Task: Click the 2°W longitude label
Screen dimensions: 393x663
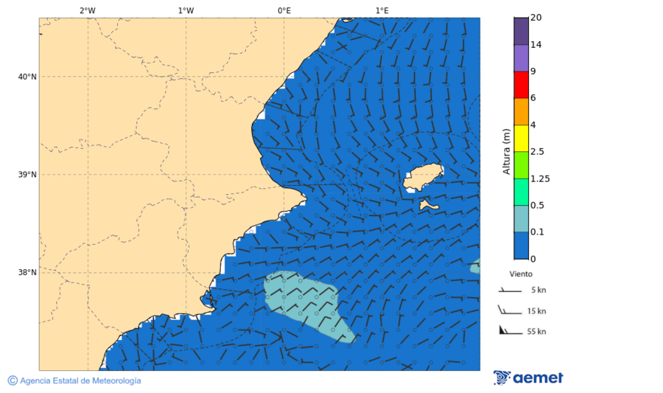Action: (87, 10)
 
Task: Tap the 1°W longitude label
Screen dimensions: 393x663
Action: (186, 10)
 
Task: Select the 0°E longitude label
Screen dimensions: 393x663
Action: (284, 10)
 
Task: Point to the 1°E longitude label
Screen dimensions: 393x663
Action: (382, 10)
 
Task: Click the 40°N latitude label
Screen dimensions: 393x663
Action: (27, 77)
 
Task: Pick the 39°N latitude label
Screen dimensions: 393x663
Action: (27, 175)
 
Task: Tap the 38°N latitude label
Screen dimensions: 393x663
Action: (27, 272)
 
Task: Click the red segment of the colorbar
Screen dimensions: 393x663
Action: (522, 84)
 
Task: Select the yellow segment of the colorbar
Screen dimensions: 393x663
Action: (522, 138)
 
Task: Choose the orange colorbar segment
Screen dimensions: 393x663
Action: (522, 111)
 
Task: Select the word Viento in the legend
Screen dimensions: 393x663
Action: (521, 273)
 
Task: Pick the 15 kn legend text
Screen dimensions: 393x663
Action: (537, 311)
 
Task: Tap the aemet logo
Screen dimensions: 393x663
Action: (528, 378)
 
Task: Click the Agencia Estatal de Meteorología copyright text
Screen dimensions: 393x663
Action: (74, 380)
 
